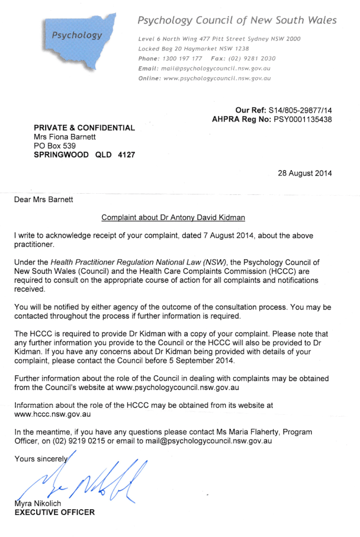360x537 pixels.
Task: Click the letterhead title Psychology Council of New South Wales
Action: coord(237,20)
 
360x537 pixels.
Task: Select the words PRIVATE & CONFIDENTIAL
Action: coord(84,128)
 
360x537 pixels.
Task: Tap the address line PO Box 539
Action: coord(55,146)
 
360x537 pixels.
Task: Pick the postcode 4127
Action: coord(124,155)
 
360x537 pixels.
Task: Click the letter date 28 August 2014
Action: coord(304,173)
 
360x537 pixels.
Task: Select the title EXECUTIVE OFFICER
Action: coord(55,512)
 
